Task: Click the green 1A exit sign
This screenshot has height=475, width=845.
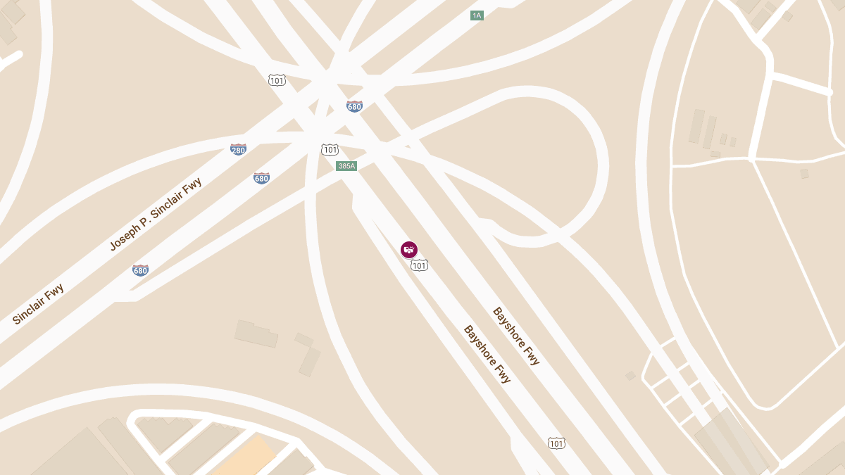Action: (477, 15)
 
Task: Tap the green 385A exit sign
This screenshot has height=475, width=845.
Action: (346, 166)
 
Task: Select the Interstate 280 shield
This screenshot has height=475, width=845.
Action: (238, 149)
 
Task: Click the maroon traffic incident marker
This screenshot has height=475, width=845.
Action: (409, 250)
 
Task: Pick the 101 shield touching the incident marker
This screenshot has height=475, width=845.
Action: (420, 265)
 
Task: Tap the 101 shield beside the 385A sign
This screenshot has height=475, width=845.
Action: (330, 149)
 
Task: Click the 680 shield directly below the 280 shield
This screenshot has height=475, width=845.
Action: (261, 178)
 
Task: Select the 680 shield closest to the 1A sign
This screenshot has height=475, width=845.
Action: (354, 106)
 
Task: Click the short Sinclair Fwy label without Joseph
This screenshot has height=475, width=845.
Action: (38, 304)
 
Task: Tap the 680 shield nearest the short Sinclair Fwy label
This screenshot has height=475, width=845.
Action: (140, 270)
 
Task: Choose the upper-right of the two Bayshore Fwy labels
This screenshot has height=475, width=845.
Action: (516, 336)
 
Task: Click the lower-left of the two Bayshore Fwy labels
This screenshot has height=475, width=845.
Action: (487, 354)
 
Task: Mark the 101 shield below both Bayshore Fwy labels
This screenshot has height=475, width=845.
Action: (556, 443)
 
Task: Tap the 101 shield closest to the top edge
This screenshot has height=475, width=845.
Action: (277, 80)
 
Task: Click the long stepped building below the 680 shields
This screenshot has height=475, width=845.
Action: (256, 334)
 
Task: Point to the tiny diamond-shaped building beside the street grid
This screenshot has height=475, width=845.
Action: (630, 376)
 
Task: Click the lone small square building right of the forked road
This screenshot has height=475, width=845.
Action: (804, 173)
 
